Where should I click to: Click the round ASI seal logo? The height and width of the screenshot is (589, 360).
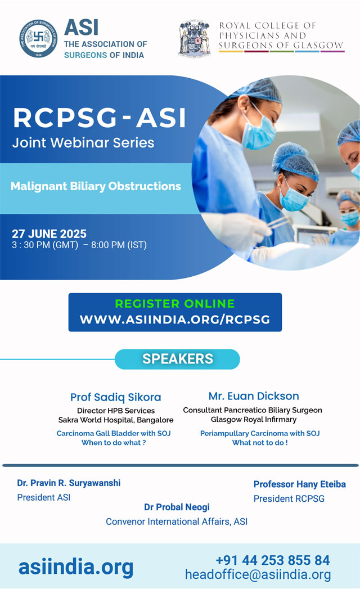(38, 39)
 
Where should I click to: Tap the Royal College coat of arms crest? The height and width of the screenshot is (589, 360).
(194, 38)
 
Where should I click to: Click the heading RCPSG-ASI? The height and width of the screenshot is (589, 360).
(100, 118)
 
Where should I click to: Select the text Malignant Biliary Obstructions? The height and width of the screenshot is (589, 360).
(96, 186)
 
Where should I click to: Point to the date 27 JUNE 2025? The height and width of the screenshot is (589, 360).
(49, 233)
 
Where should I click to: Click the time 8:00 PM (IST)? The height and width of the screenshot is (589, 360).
(119, 245)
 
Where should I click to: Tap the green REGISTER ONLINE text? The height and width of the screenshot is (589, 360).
(175, 304)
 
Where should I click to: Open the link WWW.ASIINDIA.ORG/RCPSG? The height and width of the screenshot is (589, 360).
(175, 320)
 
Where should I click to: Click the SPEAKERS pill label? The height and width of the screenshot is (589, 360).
(177, 359)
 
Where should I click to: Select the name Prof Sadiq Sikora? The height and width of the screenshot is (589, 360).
(116, 397)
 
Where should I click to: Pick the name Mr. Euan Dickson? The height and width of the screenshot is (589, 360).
(254, 396)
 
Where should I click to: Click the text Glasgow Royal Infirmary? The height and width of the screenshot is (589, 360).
(254, 419)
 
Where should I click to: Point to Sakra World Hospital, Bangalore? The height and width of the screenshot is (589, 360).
(116, 420)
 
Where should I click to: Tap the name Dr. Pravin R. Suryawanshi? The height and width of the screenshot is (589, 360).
(69, 483)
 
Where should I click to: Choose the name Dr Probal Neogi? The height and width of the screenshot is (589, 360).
(177, 507)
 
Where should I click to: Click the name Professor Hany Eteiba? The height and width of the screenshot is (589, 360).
(299, 484)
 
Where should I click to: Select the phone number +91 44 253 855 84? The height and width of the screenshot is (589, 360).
(272, 560)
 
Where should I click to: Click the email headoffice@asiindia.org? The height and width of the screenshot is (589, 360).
(258, 575)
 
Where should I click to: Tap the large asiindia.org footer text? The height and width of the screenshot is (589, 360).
(76, 567)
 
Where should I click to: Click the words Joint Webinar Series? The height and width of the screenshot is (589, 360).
(83, 143)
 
